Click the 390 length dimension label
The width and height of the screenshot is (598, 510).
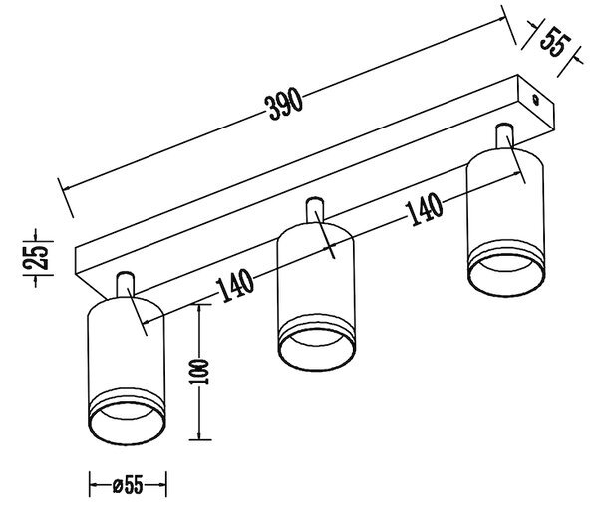click(285, 104)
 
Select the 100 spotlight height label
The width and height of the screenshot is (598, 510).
click(199, 372)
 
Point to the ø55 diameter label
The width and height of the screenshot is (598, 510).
click(128, 485)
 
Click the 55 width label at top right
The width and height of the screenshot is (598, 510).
click(555, 42)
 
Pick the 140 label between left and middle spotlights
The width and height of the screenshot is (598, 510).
click(234, 286)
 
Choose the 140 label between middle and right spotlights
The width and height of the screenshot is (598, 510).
click(424, 209)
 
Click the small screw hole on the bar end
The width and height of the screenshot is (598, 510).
click(536, 99)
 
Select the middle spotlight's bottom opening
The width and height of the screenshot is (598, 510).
click(317, 348)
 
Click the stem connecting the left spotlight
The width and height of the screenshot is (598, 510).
click(126, 285)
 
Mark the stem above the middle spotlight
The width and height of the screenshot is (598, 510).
click(315, 210)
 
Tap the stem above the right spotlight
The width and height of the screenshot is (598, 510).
click(504, 136)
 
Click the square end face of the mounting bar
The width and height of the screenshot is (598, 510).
click(535, 106)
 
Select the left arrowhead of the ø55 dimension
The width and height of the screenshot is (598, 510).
click(94, 485)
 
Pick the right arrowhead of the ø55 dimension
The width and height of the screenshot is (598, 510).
click(161, 485)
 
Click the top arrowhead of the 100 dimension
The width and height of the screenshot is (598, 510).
click(198, 309)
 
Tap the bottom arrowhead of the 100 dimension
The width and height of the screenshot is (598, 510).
click(198, 435)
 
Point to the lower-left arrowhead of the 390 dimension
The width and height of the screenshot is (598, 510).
click(67, 187)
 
